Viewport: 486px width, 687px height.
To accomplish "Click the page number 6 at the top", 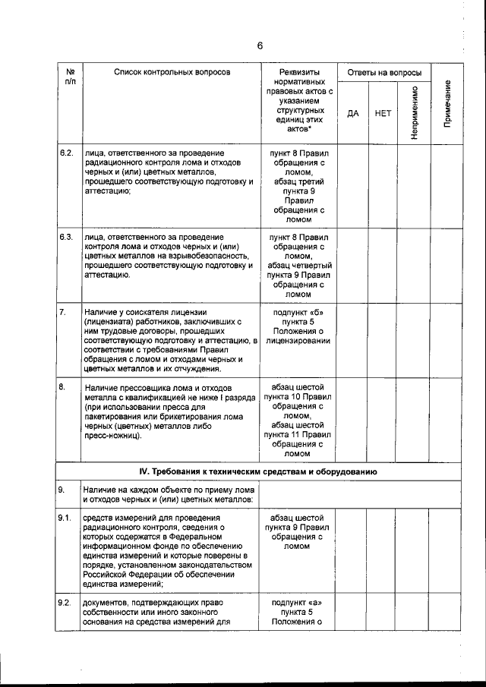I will pos(259,46).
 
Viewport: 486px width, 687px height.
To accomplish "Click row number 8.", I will pos(64,387).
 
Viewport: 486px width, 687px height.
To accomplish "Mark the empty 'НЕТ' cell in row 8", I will pos(383,421).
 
